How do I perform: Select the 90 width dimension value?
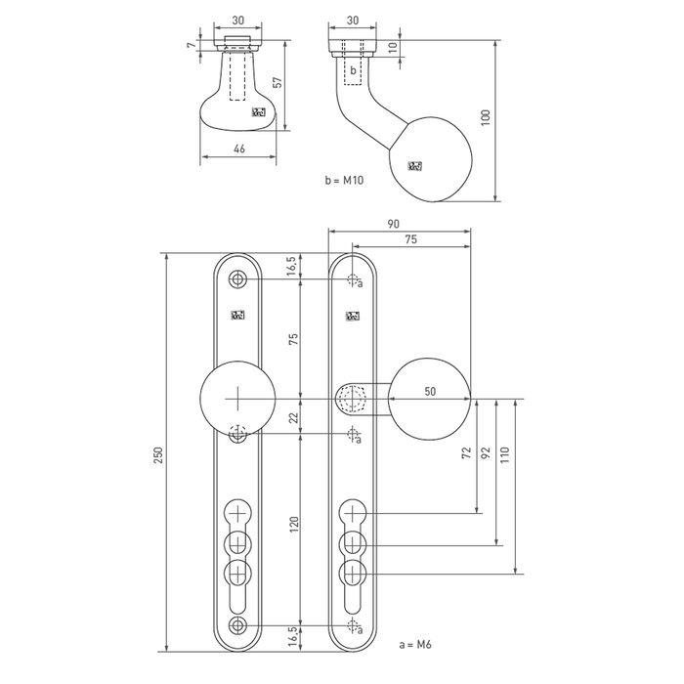tap(392, 225)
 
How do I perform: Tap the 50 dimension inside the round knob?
tap(431, 391)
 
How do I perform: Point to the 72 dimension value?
tap(466, 452)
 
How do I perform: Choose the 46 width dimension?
tap(239, 148)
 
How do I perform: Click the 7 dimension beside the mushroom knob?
tap(192, 44)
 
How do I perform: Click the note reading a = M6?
tap(415, 645)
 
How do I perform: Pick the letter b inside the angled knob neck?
tap(354, 69)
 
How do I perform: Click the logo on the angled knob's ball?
tap(414, 166)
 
